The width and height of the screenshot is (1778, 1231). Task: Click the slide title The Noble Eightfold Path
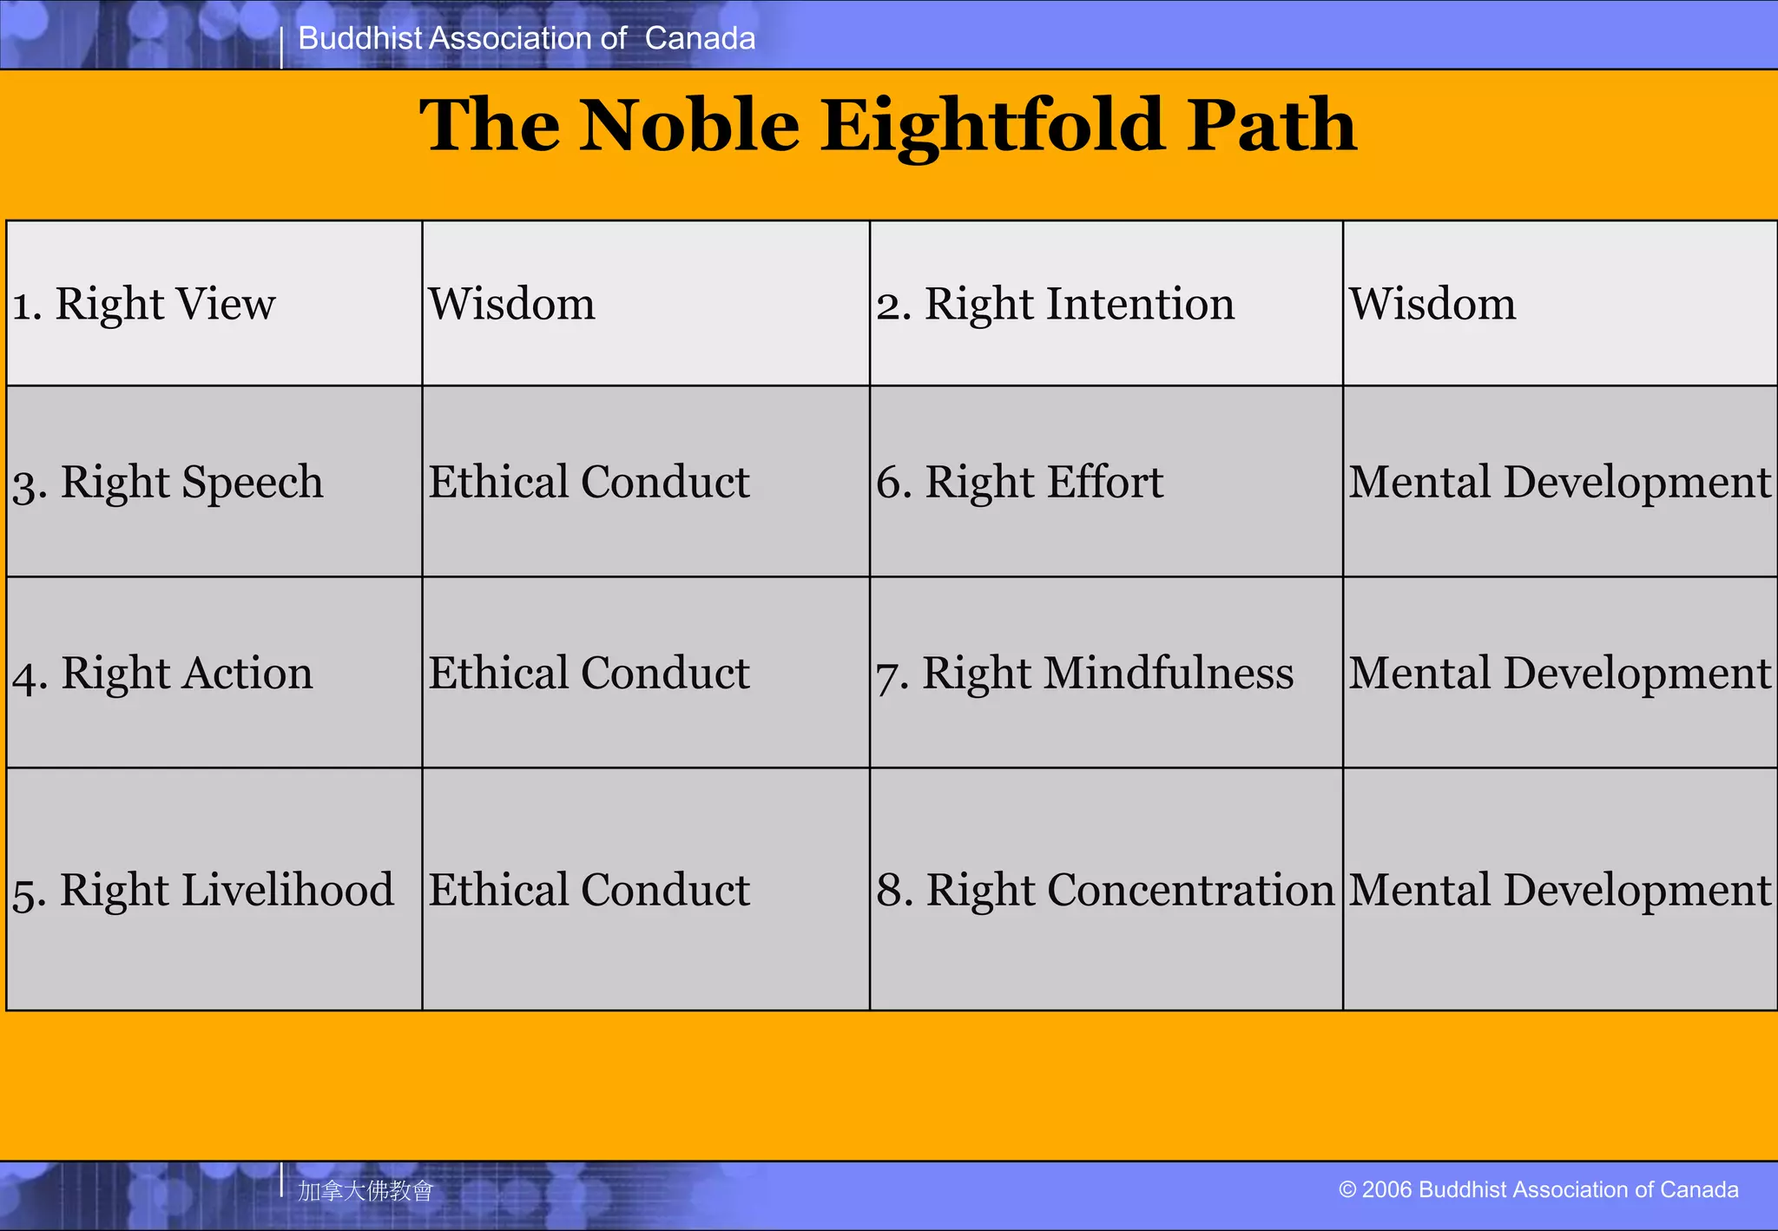point(887,126)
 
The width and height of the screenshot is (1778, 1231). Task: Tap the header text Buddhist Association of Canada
point(526,38)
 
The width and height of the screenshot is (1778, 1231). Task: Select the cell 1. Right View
point(144,304)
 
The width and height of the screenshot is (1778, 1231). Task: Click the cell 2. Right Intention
point(1055,304)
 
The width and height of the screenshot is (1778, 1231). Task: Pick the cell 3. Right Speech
point(168,482)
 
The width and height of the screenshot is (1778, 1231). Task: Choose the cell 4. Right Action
point(162,673)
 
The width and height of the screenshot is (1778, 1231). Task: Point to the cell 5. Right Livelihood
point(203,890)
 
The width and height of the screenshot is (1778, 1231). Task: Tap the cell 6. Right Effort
point(1019,482)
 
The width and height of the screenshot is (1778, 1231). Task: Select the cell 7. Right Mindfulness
point(1084,673)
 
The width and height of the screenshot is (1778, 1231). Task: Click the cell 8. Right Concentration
point(1104,890)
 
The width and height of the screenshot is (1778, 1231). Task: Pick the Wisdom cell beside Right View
point(511,304)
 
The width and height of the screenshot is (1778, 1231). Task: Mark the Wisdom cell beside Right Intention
point(1432,304)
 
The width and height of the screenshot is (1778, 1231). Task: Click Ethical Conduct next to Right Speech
point(589,482)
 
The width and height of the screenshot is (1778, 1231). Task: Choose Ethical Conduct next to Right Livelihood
point(589,890)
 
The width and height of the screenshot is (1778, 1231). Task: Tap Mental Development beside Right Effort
point(1559,482)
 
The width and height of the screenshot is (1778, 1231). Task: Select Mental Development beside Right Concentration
point(1559,890)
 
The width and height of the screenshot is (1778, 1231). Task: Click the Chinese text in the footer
point(365,1190)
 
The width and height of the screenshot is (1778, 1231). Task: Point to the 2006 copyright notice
point(1538,1189)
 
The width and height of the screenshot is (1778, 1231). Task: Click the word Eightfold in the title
point(993,126)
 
